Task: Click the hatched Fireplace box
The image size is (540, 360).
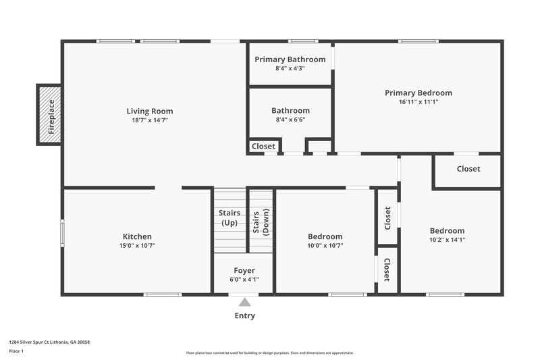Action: tap(49, 115)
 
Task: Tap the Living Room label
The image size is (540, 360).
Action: tap(150, 111)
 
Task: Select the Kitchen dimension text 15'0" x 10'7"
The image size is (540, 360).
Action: tap(137, 246)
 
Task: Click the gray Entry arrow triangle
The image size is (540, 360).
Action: tap(244, 303)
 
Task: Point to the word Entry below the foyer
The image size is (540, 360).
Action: tap(244, 315)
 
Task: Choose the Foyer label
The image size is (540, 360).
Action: tap(244, 270)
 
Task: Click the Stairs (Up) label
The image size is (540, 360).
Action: tap(230, 217)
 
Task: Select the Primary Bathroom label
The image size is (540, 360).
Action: tap(290, 59)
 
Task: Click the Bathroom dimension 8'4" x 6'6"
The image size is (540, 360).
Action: tap(290, 120)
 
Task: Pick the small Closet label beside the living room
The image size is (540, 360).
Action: tap(263, 146)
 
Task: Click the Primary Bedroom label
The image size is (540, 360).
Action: tap(418, 93)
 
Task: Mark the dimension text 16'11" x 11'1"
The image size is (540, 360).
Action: tap(418, 102)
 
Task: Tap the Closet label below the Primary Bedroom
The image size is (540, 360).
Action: tap(468, 169)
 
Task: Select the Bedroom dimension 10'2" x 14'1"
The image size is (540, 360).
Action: tap(447, 239)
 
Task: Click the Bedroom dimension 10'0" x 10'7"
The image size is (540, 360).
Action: tap(325, 246)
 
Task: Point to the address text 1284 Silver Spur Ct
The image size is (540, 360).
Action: tap(49, 342)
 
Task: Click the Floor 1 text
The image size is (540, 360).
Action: tap(16, 351)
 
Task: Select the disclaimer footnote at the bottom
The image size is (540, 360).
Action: tap(269, 353)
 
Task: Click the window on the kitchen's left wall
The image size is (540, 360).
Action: tap(63, 234)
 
